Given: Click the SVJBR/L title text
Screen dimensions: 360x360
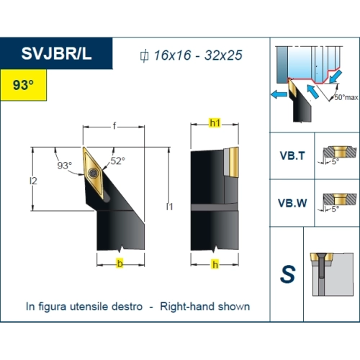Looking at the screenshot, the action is [x=56, y=53].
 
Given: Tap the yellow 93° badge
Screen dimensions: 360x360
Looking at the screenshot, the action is [x=23, y=85].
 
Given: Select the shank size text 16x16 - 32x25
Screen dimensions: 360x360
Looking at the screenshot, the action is [x=198, y=55].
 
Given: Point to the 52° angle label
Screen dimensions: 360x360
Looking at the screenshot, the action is [x=118, y=161].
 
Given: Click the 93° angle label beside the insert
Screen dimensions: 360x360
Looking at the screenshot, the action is [x=65, y=166].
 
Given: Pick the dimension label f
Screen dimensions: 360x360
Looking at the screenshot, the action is [x=114, y=126].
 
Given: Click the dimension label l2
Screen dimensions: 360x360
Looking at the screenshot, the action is [x=33, y=181].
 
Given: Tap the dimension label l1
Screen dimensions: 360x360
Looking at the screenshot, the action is [x=169, y=207].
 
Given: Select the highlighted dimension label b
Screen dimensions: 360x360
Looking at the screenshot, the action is [x=120, y=264].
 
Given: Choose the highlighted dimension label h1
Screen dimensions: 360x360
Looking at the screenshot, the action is [x=215, y=123].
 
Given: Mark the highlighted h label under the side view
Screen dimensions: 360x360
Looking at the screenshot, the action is [x=215, y=264].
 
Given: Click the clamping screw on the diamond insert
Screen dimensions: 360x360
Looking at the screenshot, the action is [x=93, y=173].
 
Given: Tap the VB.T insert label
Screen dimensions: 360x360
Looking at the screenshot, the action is [x=292, y=156].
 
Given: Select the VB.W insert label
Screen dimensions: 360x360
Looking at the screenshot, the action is [x=292, y=203].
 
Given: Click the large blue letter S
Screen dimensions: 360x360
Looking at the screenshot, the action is [x=287, y=274].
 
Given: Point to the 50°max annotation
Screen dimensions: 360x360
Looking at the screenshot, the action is [x=346, y=97].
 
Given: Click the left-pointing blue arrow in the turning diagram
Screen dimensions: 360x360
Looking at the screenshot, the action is [x=279, y=94].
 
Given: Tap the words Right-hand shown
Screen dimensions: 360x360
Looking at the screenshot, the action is [x=205, y=307].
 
